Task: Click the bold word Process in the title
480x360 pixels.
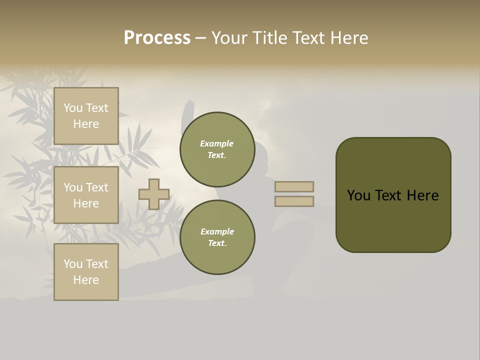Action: tap(157, 38)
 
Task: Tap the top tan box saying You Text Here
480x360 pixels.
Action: tap(86, 116)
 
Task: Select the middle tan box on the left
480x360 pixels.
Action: tap(86, 195)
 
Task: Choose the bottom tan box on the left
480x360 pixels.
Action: tap(86, 272)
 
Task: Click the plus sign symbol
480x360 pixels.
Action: tap(154, 194)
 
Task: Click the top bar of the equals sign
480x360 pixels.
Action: tap(294, 186)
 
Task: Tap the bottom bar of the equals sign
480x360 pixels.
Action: tap(294, 201)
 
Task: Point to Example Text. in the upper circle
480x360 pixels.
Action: tap(217, 149)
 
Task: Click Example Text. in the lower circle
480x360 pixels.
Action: tap(217, 237)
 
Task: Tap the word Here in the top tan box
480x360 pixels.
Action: tap(86, 124)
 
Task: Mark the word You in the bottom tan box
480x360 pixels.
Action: tap(73, 264)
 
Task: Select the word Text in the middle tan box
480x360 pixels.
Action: tap(96, 187)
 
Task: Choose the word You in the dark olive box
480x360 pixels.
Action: tap(358, 195)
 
